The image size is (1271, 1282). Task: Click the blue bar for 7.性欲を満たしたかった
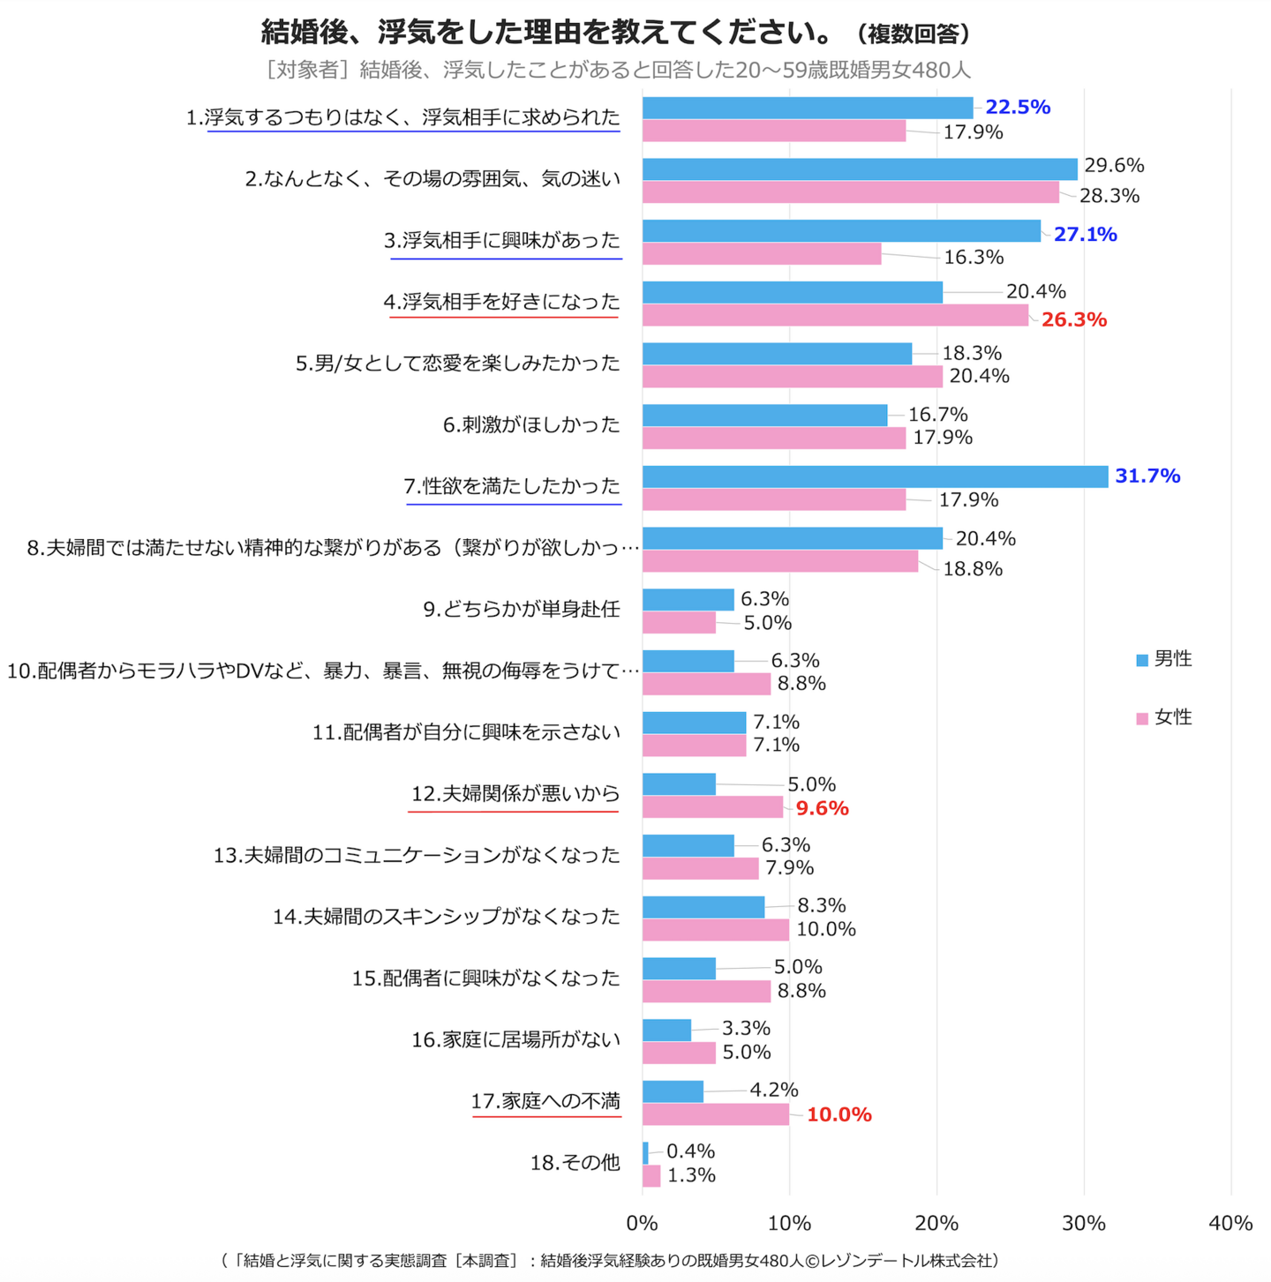875,476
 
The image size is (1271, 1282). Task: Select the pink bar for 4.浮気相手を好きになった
835,315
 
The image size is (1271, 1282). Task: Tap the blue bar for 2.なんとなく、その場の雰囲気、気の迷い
860,169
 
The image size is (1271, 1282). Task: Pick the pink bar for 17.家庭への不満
716,1114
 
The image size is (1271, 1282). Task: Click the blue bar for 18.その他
645,1152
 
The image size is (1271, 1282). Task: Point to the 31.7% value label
1147,476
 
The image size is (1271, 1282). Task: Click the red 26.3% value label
1073,319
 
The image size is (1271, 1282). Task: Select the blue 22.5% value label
1018,108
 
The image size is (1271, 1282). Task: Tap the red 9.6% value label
822,808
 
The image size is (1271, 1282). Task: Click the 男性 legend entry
1164,659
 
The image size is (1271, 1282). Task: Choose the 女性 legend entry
1164,717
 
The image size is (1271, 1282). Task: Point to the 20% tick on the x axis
936,1223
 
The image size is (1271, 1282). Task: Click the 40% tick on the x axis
1230,1223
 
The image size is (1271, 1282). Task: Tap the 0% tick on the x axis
642,1223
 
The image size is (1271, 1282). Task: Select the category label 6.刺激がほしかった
531,425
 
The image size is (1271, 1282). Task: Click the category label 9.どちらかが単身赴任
521,610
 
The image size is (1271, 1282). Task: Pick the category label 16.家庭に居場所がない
515,1040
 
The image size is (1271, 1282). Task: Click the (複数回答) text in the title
914,34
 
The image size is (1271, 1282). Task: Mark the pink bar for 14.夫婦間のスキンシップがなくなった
716,929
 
